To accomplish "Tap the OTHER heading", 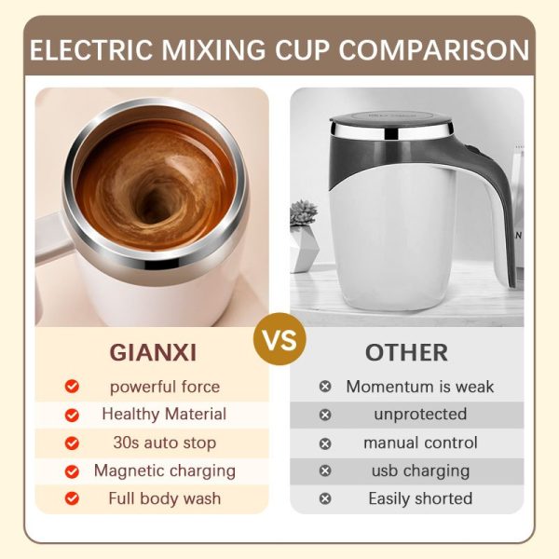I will click(x=406, y=353).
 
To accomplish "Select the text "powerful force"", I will click(x=165, y=386).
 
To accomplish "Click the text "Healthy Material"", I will click(x=164, y=414).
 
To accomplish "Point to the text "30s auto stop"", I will click(x=164, y=443).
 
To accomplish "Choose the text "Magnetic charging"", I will click(x=164, y=470).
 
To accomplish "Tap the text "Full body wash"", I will click(x=164, y=498).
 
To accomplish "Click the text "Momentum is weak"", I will click(x=420, y=386).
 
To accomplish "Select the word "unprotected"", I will click(x=420, y=414).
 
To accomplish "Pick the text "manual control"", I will click(x=420, y=443).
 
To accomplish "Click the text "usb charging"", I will click(x=420, y=470).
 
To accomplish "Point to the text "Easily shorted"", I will click(x=420, y=498).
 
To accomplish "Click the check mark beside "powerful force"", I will click(x=72, y=386).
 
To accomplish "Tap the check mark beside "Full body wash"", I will click(x=72, y=498).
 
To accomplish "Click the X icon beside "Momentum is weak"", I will click(x=325, y=386).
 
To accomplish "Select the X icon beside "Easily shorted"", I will click(x=325, y=498).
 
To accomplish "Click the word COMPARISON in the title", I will click(x=432, y=49).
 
